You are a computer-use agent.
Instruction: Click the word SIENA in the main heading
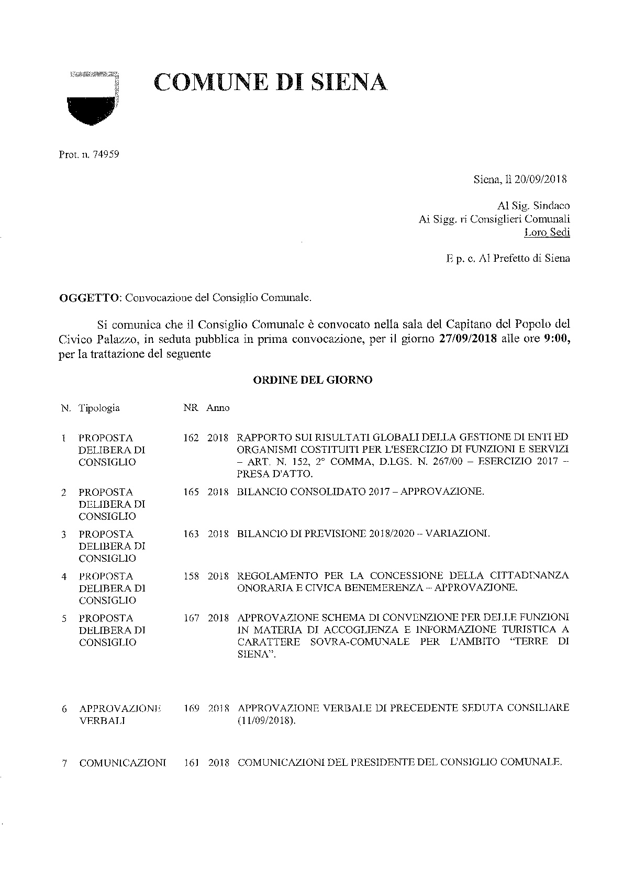(343, 82)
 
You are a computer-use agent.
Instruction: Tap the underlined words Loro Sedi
(547, 232)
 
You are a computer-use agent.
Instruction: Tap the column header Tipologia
(99, 408)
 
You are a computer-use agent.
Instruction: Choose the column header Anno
(218, 408)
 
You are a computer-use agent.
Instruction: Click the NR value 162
(191, 438)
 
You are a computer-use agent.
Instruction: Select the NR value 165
(191, 492)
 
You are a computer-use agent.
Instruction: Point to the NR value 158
(191, 576)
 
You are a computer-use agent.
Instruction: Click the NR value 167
(191, 618)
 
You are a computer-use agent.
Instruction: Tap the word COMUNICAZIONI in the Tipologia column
(123, 763)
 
